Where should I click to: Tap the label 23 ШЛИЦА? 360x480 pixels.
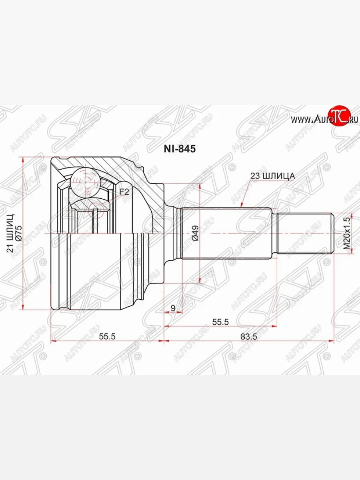[x=272, y=176]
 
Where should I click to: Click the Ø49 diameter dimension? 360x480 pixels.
[x=195, y=233]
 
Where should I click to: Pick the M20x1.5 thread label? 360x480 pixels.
[x=346, y=233]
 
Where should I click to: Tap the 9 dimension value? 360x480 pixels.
[x=173, y=308]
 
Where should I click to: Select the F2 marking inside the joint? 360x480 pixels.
[x=124, y=192]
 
